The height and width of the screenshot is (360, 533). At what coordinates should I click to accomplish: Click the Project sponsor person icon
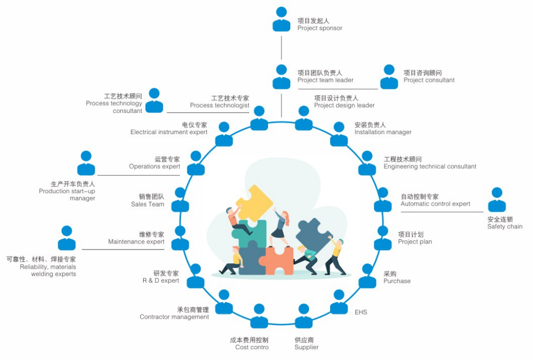[x=281, y=19]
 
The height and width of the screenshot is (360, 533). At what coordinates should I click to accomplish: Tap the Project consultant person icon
[x=389, y=77]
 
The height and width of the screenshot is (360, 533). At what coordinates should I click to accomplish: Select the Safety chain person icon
[x=497, y=200]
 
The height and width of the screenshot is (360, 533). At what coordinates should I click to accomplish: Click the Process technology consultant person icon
[x=154, y=101]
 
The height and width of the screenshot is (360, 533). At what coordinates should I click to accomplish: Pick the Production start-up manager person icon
[x=86, y=163]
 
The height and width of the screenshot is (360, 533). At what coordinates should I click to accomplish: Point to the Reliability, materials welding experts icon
[x=67, y=238]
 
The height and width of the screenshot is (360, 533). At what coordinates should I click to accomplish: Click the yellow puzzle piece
[x=254, y=203]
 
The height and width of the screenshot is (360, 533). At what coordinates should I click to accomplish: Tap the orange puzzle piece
[x=276, y=260]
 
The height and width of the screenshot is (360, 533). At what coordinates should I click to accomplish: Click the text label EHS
[x=361, y=312]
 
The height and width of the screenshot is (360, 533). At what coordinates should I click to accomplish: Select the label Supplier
[x=306, y=347]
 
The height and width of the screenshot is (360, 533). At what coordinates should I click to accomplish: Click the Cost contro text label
[x=252, y=347]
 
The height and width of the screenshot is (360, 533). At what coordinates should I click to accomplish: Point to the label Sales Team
[x=148, y=204]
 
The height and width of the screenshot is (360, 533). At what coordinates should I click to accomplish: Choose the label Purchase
[x=397, y=281]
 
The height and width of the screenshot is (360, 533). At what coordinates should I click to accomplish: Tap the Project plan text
[x=415, y=242]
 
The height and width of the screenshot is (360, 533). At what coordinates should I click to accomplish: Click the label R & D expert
[x=161, y=281]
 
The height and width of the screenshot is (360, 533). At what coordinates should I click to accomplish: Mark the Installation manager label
[x=383, y=132]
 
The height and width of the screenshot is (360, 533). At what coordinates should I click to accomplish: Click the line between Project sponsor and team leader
[x=281, y=48]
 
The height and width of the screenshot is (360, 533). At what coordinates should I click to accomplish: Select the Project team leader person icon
[x=281, y=77]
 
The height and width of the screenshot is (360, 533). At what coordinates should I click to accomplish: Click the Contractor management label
[x=174, y=317]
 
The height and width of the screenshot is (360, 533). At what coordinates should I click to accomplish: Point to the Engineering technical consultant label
[x=430, y=166]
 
